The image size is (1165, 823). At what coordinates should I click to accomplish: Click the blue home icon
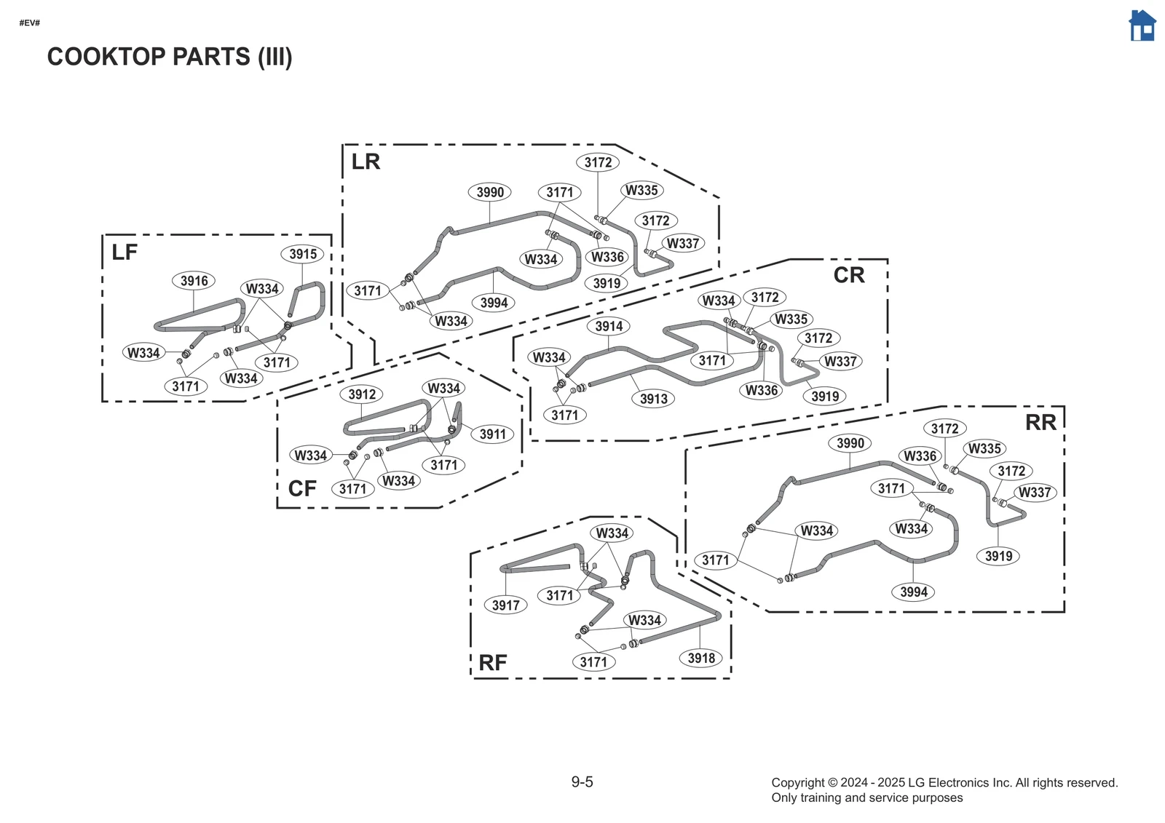point(1142,26)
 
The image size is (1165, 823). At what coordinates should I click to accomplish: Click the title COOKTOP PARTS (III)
point(169,57)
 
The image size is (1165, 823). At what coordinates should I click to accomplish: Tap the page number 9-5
point(582,782)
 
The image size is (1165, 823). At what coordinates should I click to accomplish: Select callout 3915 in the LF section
point(303,254)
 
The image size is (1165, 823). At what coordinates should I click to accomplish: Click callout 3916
point(194,281)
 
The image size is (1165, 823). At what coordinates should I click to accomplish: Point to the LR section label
point(366,162)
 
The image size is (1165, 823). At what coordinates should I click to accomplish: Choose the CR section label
point(849,275)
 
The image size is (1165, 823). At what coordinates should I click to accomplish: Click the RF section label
point(493,663)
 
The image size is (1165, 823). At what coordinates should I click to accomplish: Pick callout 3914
point(609,326)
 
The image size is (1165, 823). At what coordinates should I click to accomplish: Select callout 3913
point(653,399)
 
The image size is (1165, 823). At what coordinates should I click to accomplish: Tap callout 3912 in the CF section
point(362,394)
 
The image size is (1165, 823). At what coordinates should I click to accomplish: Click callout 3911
point(493,434)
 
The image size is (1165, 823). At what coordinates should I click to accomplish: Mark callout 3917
point(505,605)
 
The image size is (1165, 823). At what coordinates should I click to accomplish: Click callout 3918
point(701,659)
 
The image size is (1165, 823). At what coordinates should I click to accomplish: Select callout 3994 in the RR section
point(913,592)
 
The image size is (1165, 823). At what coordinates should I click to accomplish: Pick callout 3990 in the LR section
point(490,192)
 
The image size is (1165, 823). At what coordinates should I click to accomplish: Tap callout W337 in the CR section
point(840,361)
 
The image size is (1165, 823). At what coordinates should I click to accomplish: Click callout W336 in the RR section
point(920,456)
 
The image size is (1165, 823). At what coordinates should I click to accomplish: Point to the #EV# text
point(29,23)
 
